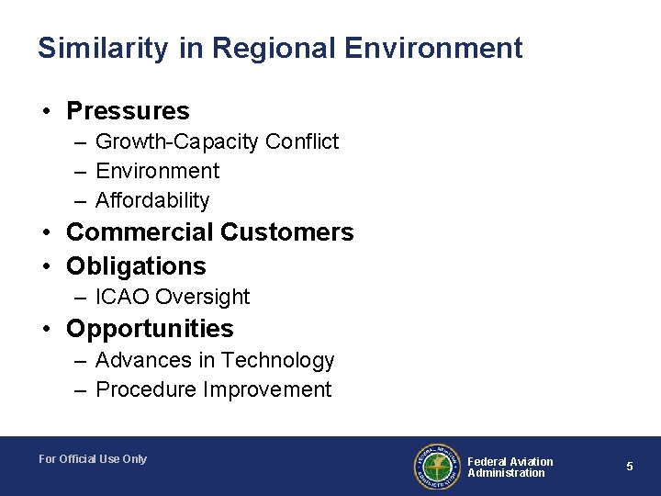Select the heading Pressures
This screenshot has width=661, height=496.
coord(128,112)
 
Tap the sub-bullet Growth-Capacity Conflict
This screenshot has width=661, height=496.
coord(217,141)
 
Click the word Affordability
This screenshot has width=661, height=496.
coord(152,200)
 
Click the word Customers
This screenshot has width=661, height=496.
coord(286,232)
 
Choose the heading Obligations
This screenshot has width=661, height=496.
coord(136,266)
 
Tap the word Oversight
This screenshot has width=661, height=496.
coord(203,297)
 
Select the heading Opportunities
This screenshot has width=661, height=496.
coord(150,329)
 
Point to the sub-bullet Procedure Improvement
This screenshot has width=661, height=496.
coord(213,389)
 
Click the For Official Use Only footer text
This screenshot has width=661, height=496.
coord(93,459)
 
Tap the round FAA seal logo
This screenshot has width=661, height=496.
coord(436,467)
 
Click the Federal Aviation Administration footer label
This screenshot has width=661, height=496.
coord(510,467)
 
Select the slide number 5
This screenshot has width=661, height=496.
coord(630,467)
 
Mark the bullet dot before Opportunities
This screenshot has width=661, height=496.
coord(46,330)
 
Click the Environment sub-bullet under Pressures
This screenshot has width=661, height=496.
coord(157,171)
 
